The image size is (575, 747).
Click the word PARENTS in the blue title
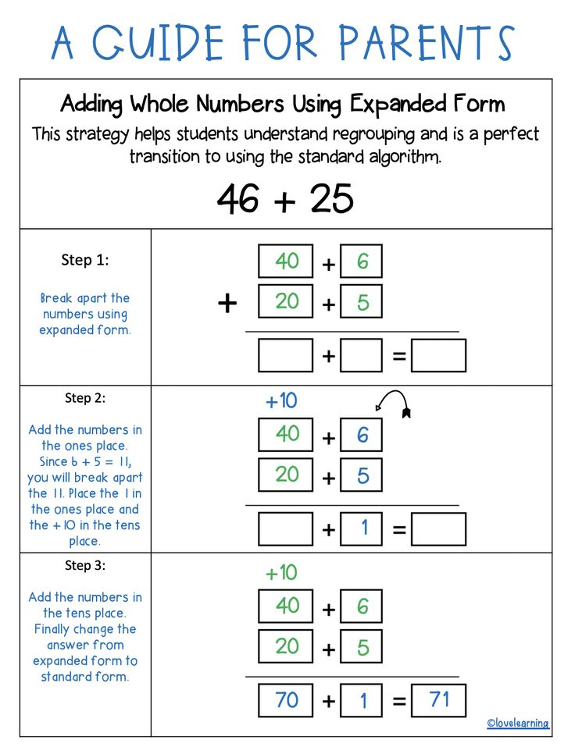pyautogui.click(x=427, y=43)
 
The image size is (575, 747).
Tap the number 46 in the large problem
pyautogui.click(x=238, y=199)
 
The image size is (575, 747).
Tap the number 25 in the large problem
pyautogui.click(x=331, y=199)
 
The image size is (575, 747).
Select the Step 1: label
pyautogui.click(x=85, y=260)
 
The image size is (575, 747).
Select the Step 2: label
pyautogui.click(x=85, y=398)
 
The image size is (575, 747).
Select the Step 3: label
pyautogui.click(x=85, y=565)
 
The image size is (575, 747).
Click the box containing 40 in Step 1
pyautogui.click(x=286, y=261)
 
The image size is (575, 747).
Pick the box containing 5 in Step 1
pyautogui.click(x=362, y=301)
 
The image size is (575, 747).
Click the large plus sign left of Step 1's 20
pyautogui.click(x=227, y=303)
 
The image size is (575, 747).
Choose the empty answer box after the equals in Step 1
pyautogui.click(x=438, y=356)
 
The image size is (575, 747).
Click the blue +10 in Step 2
pyautogui.click(x=281, y=401)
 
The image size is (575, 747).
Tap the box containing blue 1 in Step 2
pyautogui.click(x=362, y=528)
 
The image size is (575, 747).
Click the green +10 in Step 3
pyautogui.click(x=281, y=573)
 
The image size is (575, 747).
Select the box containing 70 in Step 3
pyautogui.click(x=286, y=700)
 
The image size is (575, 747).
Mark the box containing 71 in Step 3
pyautogui.click(x=438, y=700)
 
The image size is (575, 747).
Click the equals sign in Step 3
pyautogui.click(x=398, y=702)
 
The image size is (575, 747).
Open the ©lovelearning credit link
pyautogui.click(x=518, y=724)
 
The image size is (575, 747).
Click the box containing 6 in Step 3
pyautogui.click(x=362, y=607)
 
